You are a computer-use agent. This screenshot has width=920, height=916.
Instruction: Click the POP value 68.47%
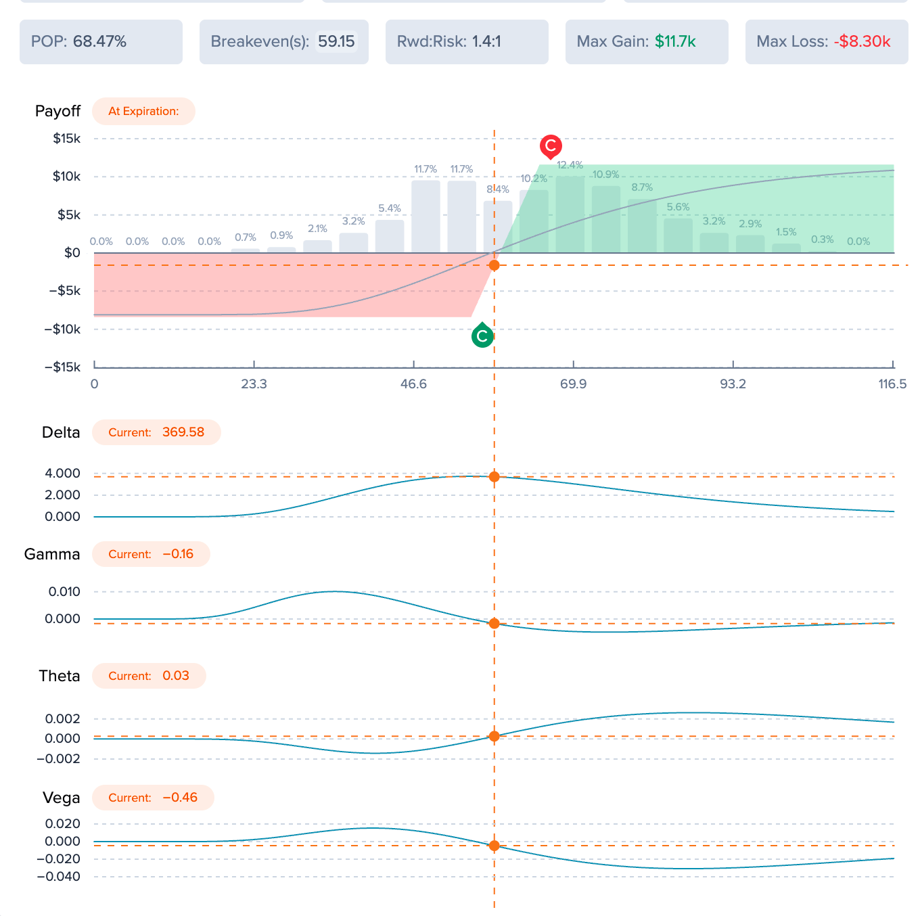pyautogui.click(x=99, y=41)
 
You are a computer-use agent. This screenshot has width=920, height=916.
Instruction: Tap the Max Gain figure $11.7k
pyautogui.click(x=674, y=41)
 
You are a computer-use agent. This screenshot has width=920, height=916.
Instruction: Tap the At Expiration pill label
pyautogui.click(x=143, y=111)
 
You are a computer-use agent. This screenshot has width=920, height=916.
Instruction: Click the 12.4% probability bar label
pyautogui.click(x=569, y=165)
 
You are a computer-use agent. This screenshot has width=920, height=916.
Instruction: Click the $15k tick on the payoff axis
pyautogui.click(x=66, y=139)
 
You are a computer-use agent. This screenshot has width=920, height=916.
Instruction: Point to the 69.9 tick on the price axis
pyautogui.click(x=572, y=384)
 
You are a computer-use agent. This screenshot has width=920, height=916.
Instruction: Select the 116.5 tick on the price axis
pyautogui.click(x=892, y=384)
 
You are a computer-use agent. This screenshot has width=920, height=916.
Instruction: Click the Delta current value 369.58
pyautogui.click(x=183, y=432)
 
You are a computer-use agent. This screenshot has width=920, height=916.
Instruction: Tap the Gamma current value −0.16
pyautogui.click(x=178, y=553)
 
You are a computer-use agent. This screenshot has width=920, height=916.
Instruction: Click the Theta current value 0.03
pyautogui.click(x=175, y=675)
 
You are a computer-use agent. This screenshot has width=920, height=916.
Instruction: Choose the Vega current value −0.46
pyautogui.click(x=179, y=797)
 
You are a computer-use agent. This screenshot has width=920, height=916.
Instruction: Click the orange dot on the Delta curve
pyautogui.click(x=493, y=476)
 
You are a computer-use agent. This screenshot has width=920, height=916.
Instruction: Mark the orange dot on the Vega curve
pyautogui.click(x=493, y=846)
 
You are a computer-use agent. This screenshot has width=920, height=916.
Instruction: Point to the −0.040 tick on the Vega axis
pyautogui.click(x=58, y=876)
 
